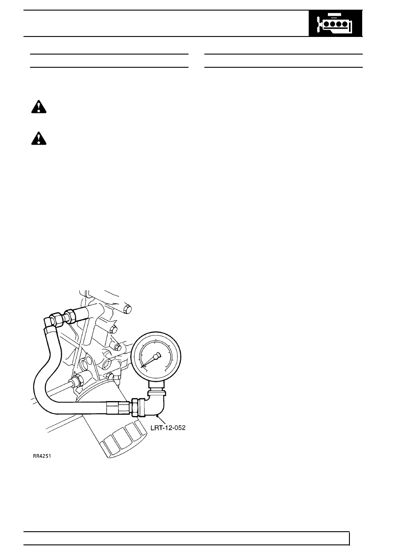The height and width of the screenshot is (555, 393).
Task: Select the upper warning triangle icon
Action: click(x=39, y=107)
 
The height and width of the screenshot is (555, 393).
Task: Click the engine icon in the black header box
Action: click(x=335, y=24)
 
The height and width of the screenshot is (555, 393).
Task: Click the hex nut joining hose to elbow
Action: click(x=135, y=408)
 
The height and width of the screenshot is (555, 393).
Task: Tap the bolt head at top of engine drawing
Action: click(x=127, y=309)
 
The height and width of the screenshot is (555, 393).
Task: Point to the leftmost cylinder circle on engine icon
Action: click(x=327, y=24)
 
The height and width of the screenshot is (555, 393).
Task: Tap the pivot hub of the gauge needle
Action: click(x=156, y=357)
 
